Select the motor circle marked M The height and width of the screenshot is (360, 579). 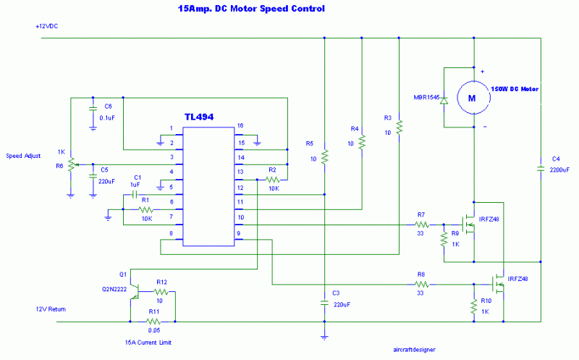pyautogui.click(x=472, y=98)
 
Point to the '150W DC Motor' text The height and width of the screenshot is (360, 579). pyautogui.click(x=517, y=88)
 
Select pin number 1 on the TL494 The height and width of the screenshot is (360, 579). pyautogui.click(x=171, y=129)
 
